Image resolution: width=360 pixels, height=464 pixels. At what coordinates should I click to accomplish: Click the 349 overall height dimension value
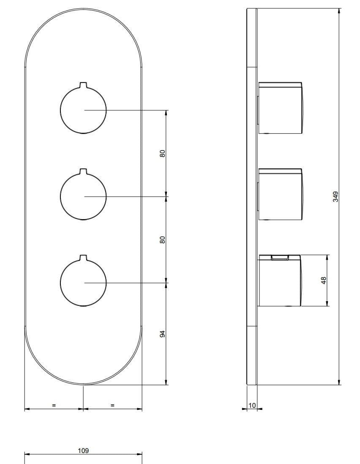point(335,197)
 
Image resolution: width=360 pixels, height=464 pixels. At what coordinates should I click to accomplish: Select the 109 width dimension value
point(83,450)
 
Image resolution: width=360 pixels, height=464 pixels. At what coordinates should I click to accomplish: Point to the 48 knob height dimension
point(324,280)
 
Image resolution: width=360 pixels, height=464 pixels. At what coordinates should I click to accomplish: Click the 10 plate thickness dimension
point(252,406)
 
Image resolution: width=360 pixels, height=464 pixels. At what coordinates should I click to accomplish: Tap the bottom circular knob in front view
point(83,283)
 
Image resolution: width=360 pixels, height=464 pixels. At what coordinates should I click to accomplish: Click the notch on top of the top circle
point(83,84)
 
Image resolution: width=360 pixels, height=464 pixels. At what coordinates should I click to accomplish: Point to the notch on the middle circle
point(83,171)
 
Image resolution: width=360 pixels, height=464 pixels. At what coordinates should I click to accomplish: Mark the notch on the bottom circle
point(83,257)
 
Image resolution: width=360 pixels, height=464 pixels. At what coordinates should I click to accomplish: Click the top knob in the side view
point(280,107)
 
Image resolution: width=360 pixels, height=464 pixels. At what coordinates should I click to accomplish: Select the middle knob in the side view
point(280,194)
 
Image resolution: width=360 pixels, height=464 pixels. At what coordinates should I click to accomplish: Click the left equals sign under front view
point(54,405)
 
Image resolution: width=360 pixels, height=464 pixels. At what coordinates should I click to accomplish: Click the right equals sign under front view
point(112,405)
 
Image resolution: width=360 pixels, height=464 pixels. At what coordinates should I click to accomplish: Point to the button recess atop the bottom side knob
point(279,257)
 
